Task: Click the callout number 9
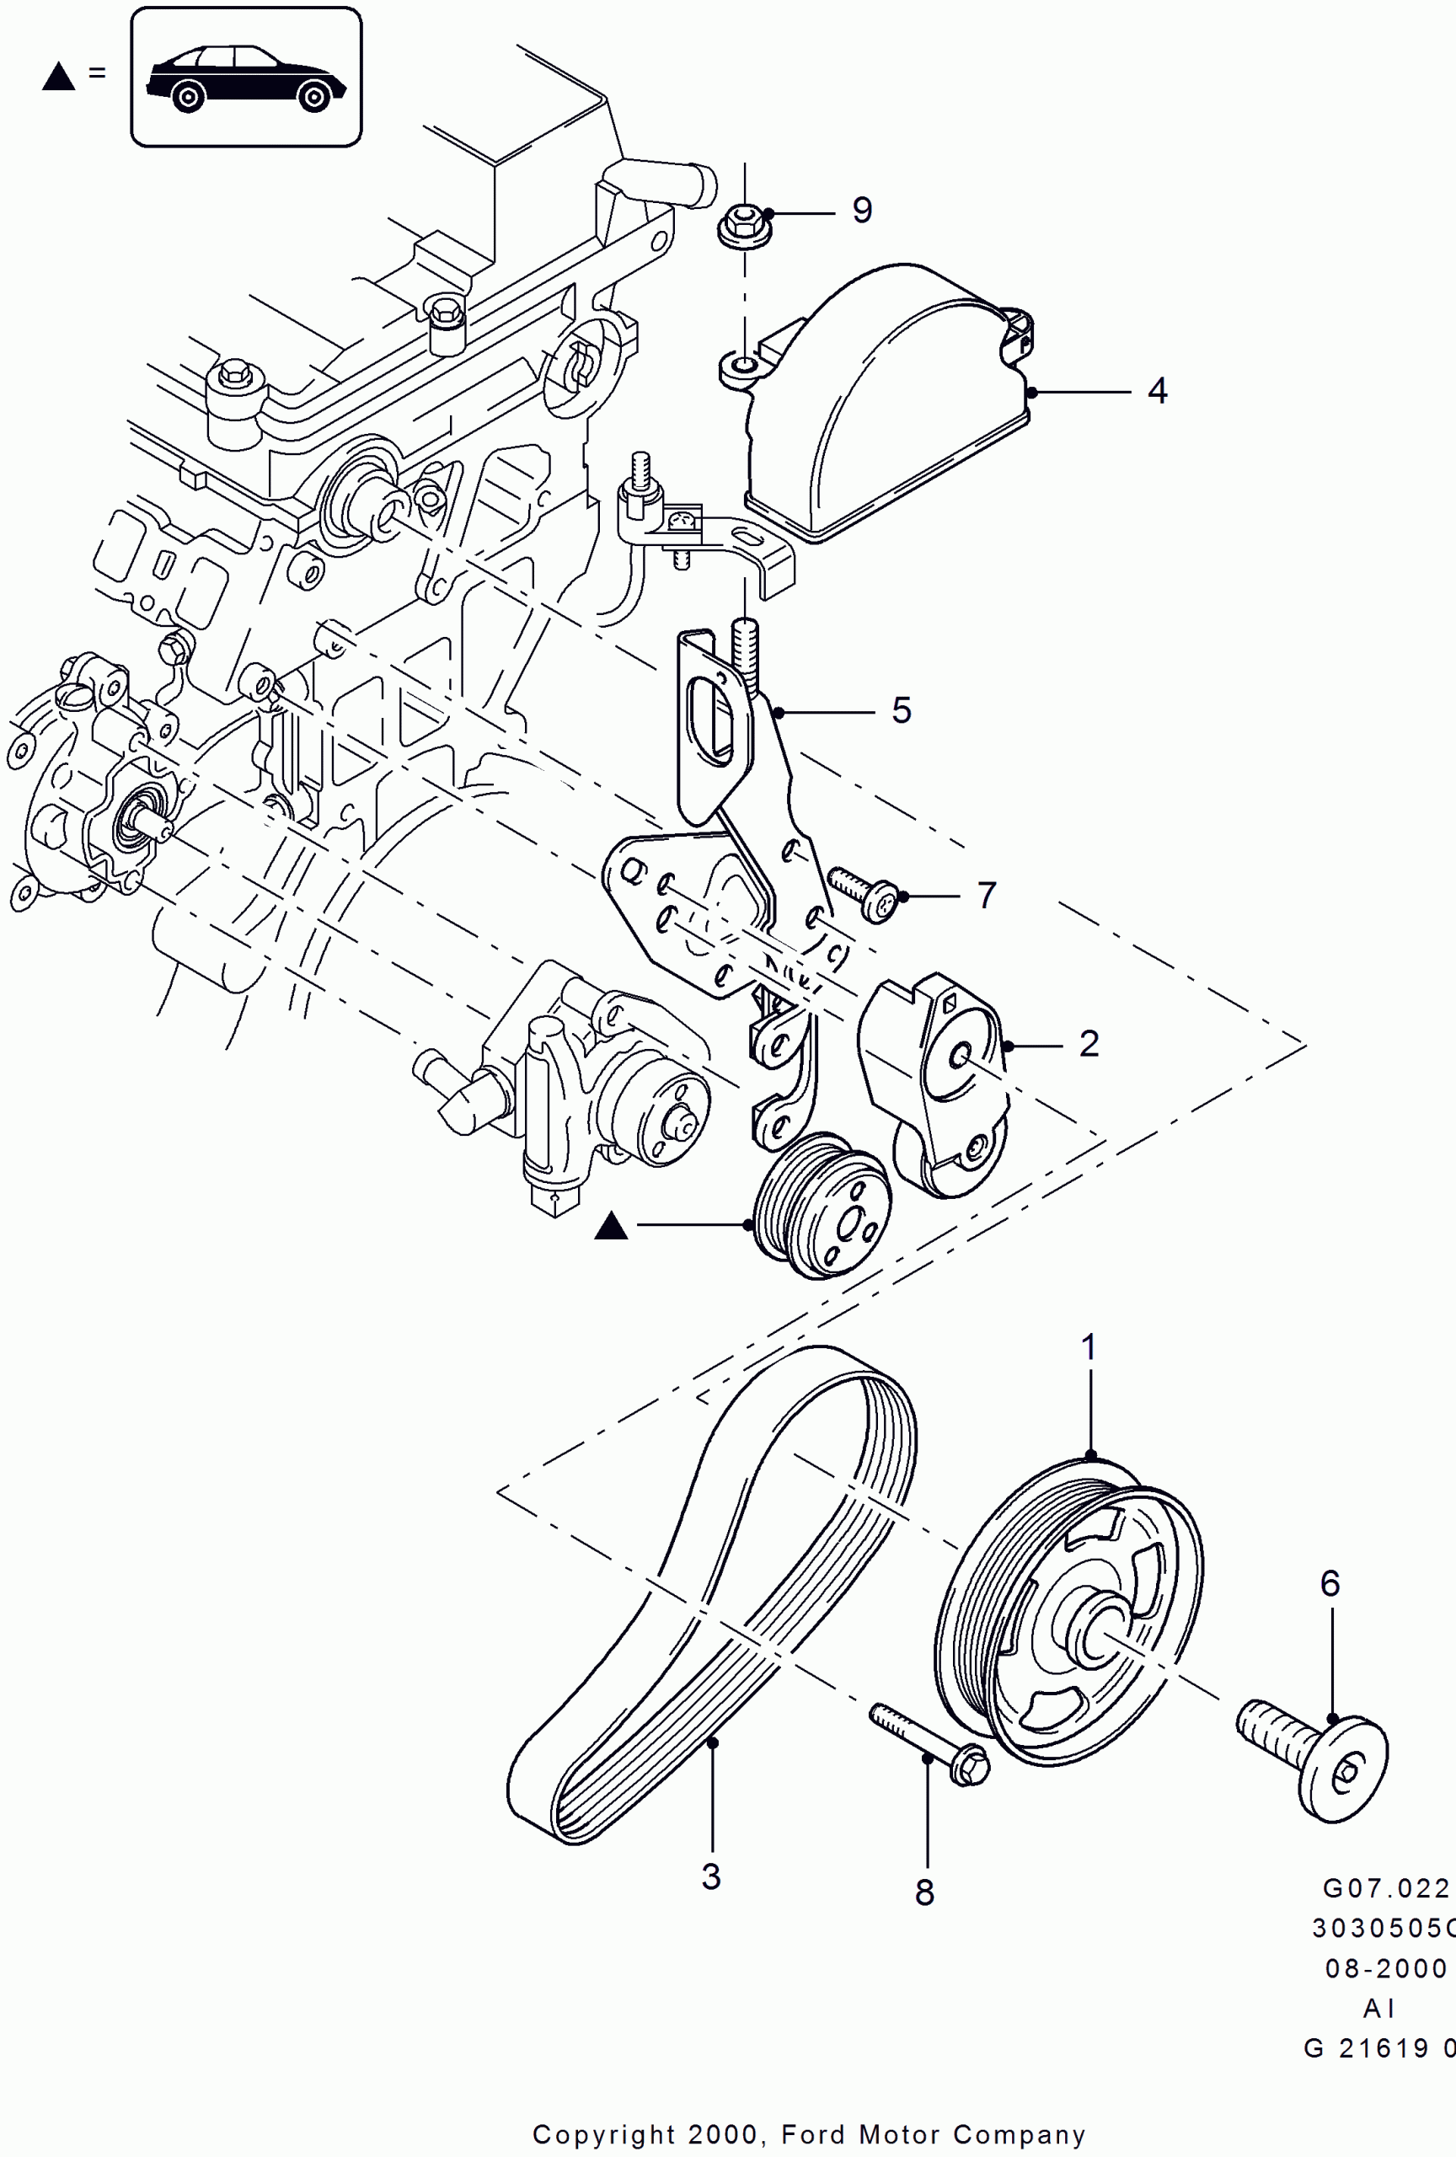(862, 211)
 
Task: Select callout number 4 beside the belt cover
(1156, 391)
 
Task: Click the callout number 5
(901, 711)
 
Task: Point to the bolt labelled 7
(864, 894)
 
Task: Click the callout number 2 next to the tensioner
(1089, 1044)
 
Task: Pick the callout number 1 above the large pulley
(1089, 1346)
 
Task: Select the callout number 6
(1330, 1583)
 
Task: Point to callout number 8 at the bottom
(924, 1893)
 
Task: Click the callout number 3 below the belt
(711, 1877)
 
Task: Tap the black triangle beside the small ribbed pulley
(611, 1226)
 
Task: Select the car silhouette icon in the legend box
(246, 78)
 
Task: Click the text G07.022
(1385, 1889)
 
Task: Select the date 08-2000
(1385, 1968)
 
